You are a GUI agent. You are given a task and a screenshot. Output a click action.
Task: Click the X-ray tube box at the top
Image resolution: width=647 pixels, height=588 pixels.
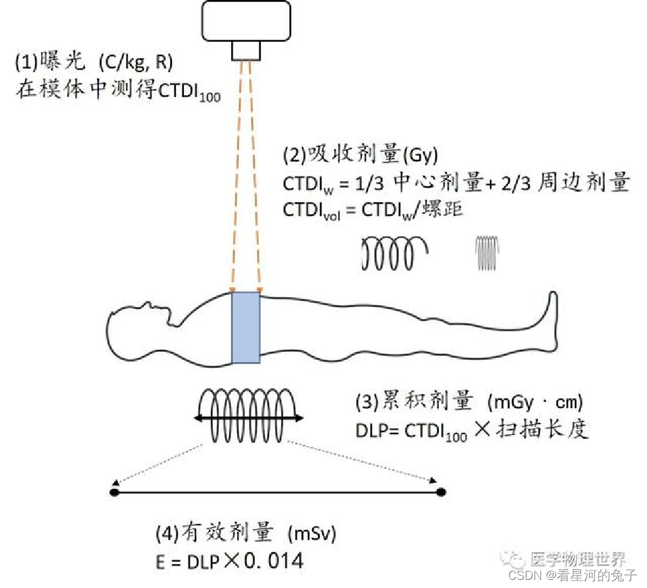tap(246, 21)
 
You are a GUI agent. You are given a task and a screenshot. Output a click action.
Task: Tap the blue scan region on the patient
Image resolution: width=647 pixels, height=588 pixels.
tap(246, 328)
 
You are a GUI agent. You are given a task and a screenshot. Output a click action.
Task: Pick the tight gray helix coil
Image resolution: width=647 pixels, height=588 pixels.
tap(487, 253)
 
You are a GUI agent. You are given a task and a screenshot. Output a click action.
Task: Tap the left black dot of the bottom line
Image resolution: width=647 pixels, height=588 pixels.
tap(114, 494)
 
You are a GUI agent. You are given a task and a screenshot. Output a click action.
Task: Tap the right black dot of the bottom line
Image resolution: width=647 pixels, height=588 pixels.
tap(441, 494)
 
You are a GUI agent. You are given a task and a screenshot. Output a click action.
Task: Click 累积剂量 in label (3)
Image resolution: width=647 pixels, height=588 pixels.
tap(415, 403)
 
